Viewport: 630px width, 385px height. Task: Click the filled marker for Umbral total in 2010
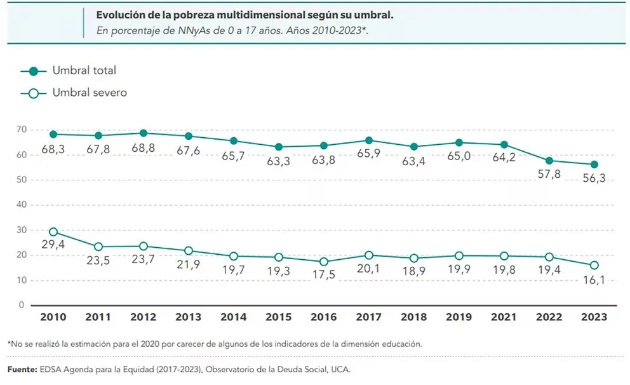pyautogui.click(x=53, y=134)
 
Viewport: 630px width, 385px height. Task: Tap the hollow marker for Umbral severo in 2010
pyautogui.click(x=53, y=232)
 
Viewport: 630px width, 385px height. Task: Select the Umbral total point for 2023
pyautogui.click(x=594, y=164)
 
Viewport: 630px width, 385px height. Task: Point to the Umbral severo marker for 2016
pyautogui.click(x=324, y=262)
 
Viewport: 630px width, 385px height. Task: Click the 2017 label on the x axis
pyautogui.click(x=369, y=317)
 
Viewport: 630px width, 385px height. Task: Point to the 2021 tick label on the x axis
pyautogui.click(x=504, y=317)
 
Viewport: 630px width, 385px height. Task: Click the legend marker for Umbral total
pyautogui.click(x=34, y=71)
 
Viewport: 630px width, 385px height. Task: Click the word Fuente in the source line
pyautogui.click(x=22, y=368)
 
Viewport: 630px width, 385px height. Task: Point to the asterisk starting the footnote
pyautogui.click(x=10, y=343)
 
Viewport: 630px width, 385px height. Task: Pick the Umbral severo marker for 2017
pyautogui.click(x=369, y=255)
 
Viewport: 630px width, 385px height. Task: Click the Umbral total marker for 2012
pyautogui.click(x=144, y=133)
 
